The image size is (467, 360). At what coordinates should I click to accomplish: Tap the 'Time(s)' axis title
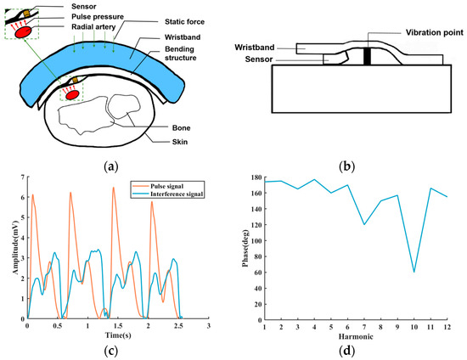pos(118,335)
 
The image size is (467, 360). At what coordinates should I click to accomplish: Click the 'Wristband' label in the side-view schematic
pos(295,48)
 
